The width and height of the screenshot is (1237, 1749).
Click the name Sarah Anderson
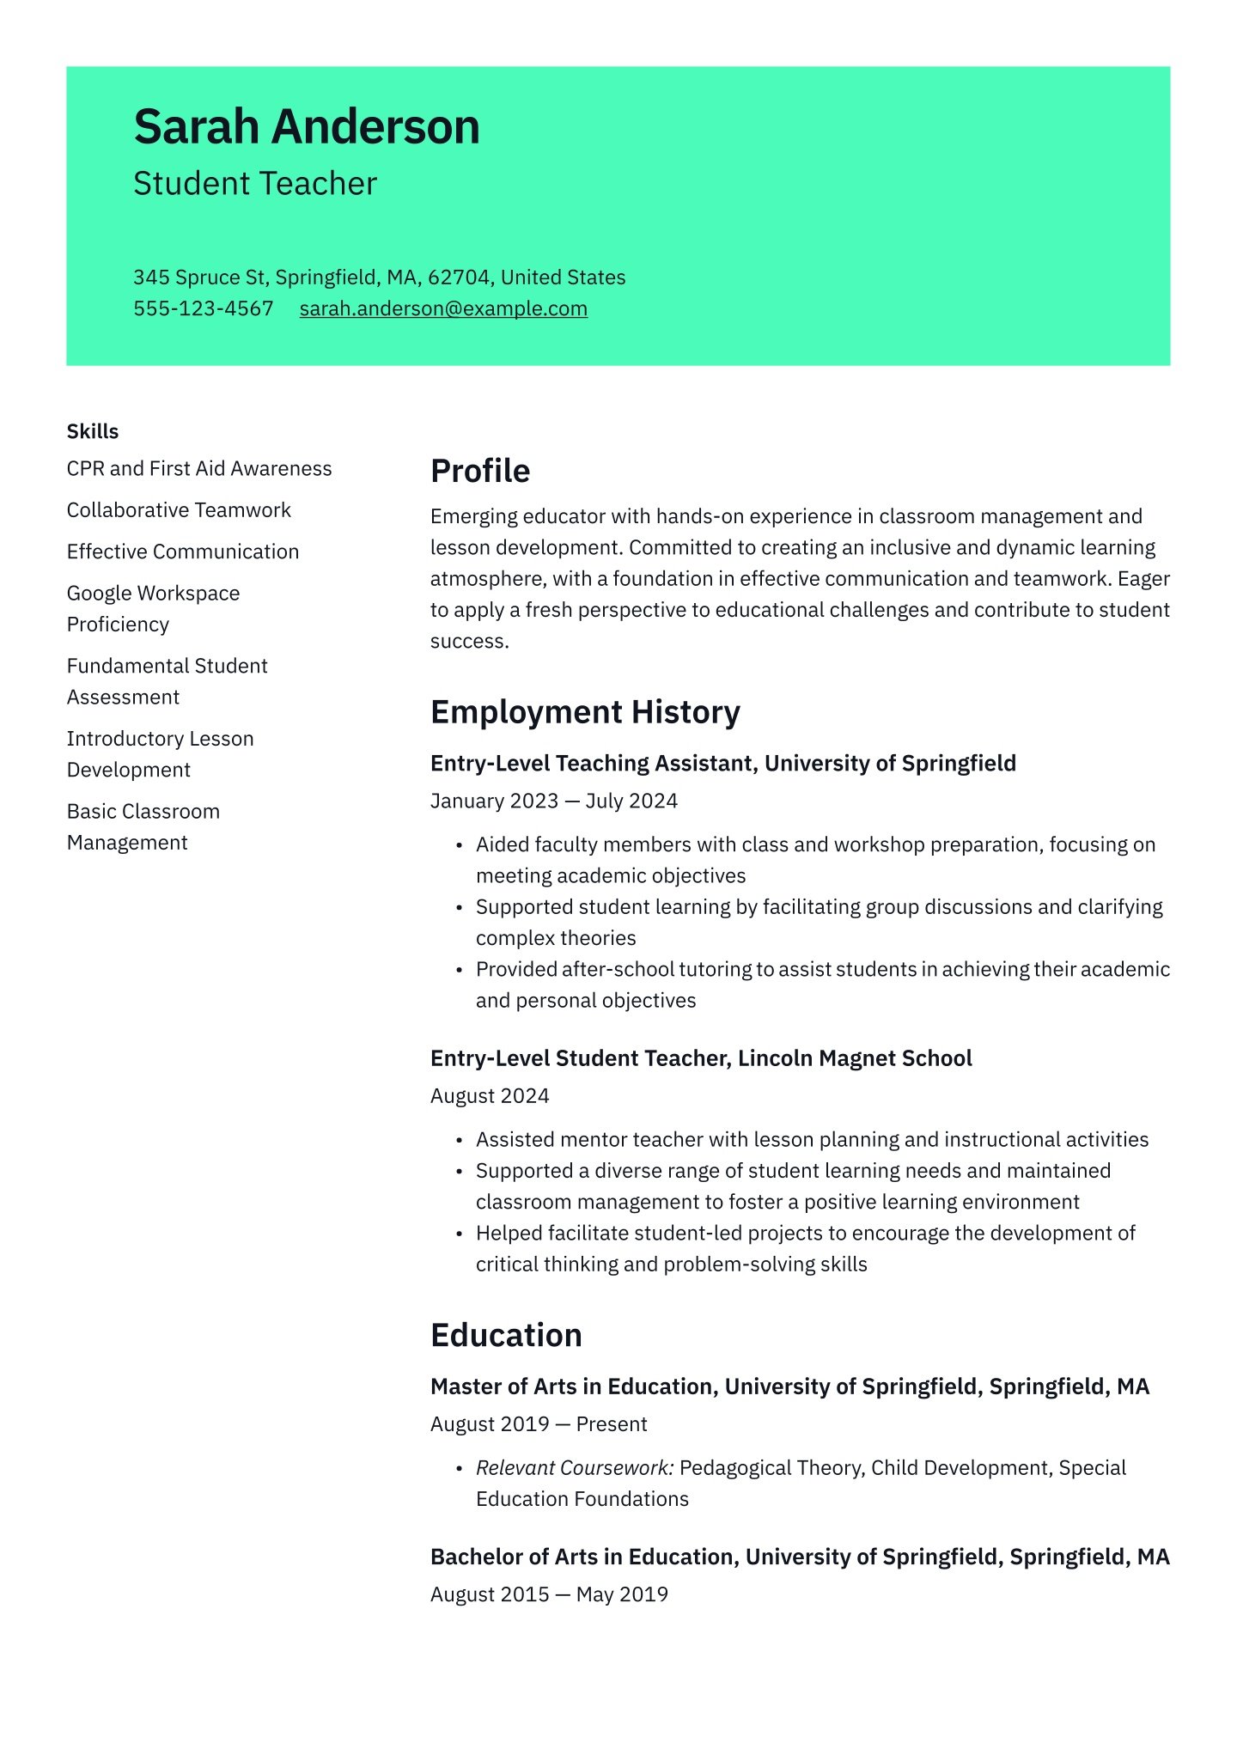(307, 127)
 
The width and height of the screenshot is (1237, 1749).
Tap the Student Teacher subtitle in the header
(255, 184)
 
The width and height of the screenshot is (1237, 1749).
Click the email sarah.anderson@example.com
(443, 308)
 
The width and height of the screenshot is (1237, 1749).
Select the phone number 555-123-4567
(204, 308)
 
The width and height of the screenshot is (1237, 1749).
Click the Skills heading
(93, 431)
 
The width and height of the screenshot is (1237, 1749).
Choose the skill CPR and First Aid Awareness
(199, 468)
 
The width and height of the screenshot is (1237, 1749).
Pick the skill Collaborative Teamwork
(179, 510)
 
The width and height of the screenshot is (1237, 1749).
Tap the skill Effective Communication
(183, 552)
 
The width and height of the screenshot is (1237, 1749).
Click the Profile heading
(480, 471)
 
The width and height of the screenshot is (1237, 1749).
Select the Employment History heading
(585, 712)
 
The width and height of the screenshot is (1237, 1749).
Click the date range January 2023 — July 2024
(554, 801)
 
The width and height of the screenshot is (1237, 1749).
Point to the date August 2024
(490, 1096)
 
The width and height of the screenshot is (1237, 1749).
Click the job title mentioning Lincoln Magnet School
(701, 1058)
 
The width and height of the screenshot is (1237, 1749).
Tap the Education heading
(506, 1335)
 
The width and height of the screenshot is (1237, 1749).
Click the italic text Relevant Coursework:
(575, 1468)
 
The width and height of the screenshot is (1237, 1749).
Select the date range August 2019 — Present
(539, 1424)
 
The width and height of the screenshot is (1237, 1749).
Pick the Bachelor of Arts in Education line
(800, 1557)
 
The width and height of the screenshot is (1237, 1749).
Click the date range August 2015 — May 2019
(549, 1594)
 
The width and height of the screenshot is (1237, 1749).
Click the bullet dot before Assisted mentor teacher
(460, 1141)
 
